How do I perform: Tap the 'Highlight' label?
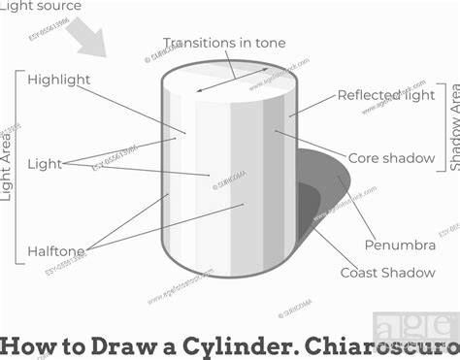59,80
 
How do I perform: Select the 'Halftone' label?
56,251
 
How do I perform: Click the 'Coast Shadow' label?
387,273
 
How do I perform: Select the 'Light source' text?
41,7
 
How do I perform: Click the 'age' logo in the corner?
412,327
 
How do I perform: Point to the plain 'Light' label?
45,163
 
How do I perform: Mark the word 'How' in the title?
25,345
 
